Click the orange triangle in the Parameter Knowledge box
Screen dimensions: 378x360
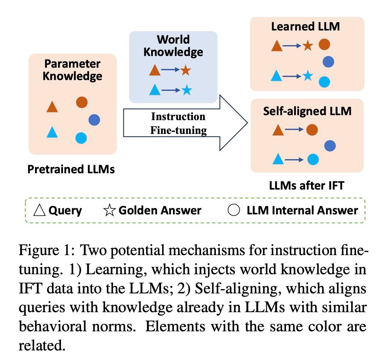click(52, 107)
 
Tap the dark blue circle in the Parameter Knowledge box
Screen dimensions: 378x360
click(94, 120)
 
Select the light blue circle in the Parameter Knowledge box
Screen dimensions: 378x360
click(81, 138)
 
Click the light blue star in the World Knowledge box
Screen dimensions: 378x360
click(187, 90)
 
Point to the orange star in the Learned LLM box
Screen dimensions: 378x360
click(308, 45)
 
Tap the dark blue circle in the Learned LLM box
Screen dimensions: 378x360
click(328, 62)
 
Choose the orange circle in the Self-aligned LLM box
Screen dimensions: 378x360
click(312, 130)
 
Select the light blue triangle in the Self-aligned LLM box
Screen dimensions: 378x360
click(278, 159)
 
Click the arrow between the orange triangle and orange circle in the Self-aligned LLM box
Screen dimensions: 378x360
click(294, 130)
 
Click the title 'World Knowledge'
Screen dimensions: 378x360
click(173, 46)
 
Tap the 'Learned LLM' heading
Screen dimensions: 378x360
click(305, 27)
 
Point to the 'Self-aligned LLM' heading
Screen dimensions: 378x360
click(307, 111)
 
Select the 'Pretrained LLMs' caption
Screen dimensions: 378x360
click(71, 169)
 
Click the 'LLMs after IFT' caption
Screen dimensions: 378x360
click(307, 186)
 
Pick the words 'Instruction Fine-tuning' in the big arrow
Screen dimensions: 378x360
click(178, 123)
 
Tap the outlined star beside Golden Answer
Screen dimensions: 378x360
click(109, 210)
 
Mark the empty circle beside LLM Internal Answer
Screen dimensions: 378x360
click(234, 210)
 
